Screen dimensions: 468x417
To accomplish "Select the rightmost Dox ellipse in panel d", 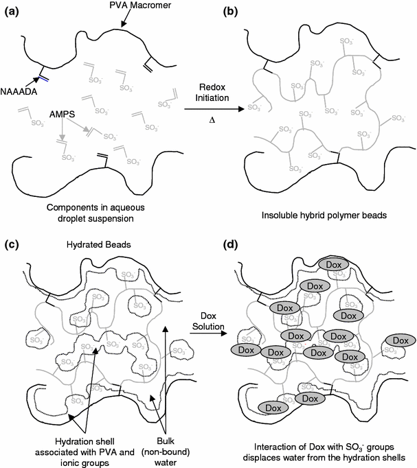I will click(400, 340).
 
